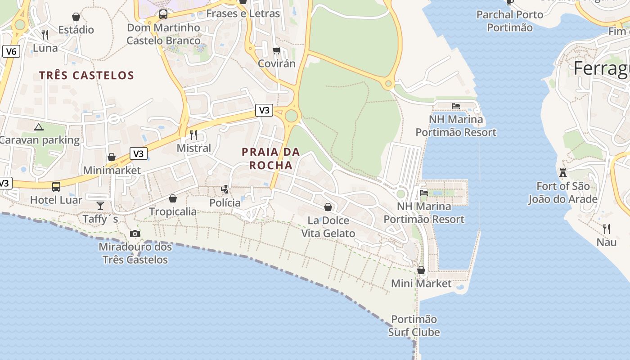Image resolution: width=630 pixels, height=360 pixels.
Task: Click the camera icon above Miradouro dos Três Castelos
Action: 135,234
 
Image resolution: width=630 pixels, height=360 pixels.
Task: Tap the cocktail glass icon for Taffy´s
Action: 100,206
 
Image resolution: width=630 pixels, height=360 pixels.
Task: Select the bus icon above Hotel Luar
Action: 56,186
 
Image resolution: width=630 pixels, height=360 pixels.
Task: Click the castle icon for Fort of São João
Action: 562,172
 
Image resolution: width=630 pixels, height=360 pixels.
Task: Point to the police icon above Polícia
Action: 225,189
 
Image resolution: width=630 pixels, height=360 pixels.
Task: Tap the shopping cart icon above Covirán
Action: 277,50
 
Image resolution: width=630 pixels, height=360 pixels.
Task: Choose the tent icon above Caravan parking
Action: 39,127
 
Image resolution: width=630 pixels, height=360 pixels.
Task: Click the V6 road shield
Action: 11,52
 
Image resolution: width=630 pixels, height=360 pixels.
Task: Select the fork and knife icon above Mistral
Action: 193,135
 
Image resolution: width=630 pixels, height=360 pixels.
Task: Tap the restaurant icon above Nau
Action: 606,229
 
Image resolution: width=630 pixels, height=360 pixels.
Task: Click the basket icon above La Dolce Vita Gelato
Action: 328,207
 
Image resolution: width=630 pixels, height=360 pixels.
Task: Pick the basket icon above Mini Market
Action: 421,270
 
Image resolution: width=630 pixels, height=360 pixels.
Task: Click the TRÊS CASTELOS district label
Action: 86,75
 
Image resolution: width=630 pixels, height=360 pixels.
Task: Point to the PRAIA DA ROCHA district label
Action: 271,158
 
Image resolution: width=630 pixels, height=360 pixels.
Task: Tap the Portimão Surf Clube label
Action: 414,326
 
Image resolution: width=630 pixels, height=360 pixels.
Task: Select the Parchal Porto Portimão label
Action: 510,21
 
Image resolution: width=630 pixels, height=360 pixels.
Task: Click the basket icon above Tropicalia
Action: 173,198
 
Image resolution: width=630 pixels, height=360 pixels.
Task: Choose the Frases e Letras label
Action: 243,13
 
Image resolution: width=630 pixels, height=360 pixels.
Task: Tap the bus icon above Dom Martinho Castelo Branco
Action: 163,15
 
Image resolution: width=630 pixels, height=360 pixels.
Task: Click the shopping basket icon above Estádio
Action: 76,17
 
